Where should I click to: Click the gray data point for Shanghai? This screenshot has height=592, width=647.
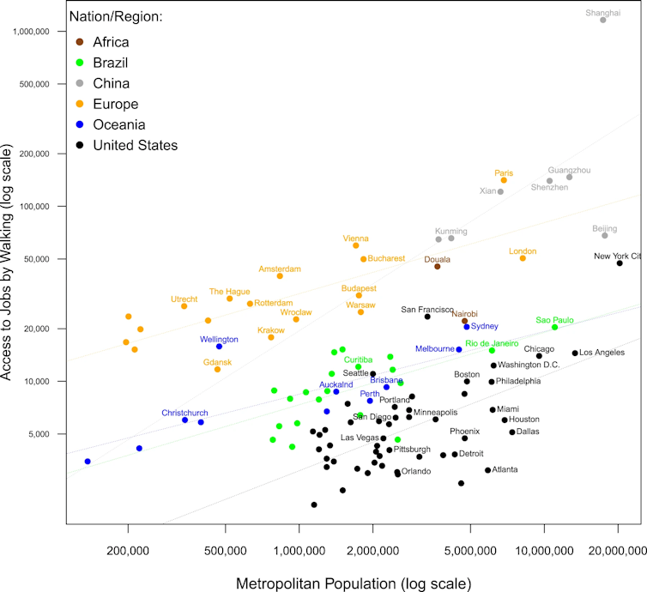pos(603,20)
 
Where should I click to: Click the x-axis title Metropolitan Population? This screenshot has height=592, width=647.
pos(353,583)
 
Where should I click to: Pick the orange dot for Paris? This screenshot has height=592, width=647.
pos(504,180)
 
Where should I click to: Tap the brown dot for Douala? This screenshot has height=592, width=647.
pos(437,266)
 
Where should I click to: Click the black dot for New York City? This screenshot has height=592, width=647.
pos(620,263)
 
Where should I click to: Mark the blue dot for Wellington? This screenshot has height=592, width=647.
pos(219,347)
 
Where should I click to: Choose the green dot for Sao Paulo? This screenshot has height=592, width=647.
pos(555,327)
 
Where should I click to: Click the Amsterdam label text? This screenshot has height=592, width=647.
pos(280,269)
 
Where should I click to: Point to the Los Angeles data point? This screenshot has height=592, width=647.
pos(575,353)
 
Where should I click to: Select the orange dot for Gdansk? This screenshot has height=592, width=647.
pos(217,370)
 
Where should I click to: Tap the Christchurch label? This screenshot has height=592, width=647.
pos(184,413)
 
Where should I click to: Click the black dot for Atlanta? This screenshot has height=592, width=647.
pos(487,470)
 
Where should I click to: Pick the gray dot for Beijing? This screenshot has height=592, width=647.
pos(605,235)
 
